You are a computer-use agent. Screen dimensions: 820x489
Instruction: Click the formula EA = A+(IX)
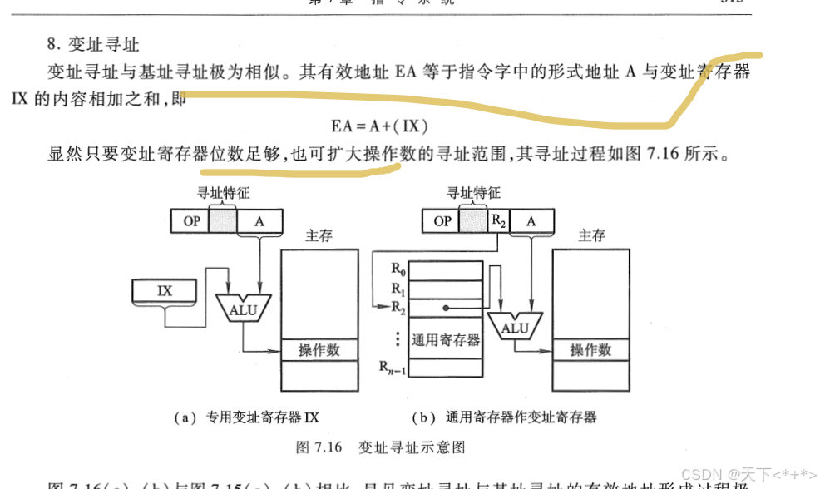pyautogui.click(x=379, y=126)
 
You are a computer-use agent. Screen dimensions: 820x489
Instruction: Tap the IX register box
pyautogui.click(x=164, y=291)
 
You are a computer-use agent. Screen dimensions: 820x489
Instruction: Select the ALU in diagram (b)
pyautogui.click(x=514, y=328)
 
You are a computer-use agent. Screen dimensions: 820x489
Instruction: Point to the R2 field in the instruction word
pyautogui.click(x=497, y=221)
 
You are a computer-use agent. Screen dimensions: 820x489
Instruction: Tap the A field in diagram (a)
pyautogui.click(x=260, y=221)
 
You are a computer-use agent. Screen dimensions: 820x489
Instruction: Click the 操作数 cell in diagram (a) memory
pyautogui.click(x=319, y=349)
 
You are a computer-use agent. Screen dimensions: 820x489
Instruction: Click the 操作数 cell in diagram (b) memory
pyautogui.click(x=590, y=349)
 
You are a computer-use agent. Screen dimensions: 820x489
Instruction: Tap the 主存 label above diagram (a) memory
pyautogui.click(x=319, y=235)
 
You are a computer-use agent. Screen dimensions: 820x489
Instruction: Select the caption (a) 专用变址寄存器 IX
pyautogui.click(x=245, y=417)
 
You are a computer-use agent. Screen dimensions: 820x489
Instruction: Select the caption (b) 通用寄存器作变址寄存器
pyautogui.click(x=505, y=417)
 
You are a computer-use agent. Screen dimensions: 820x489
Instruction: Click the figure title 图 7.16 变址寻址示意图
pyautogui.click(x=381, y=447)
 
